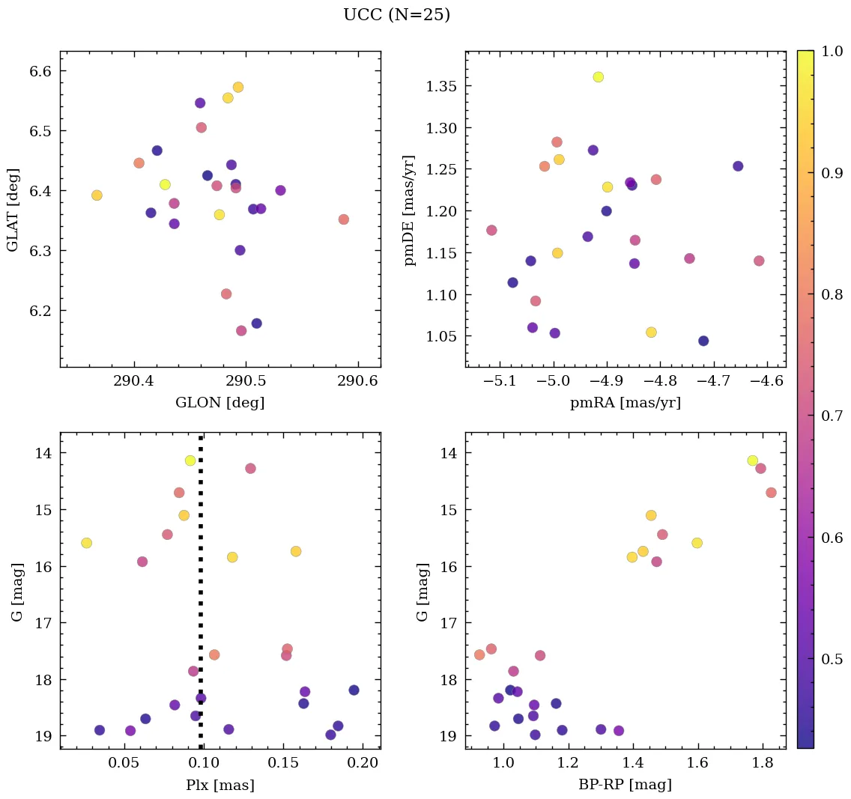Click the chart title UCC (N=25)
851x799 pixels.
396,15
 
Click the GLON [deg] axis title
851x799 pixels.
219,403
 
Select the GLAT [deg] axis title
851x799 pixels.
13,209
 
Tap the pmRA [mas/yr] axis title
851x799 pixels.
626,403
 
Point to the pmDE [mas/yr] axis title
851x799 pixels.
409,210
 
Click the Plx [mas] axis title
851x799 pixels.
219,785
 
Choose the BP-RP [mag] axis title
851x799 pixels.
626,785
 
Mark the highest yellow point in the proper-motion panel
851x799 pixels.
598,77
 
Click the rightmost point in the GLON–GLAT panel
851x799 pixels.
343,219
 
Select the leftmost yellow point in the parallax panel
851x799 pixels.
86,543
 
